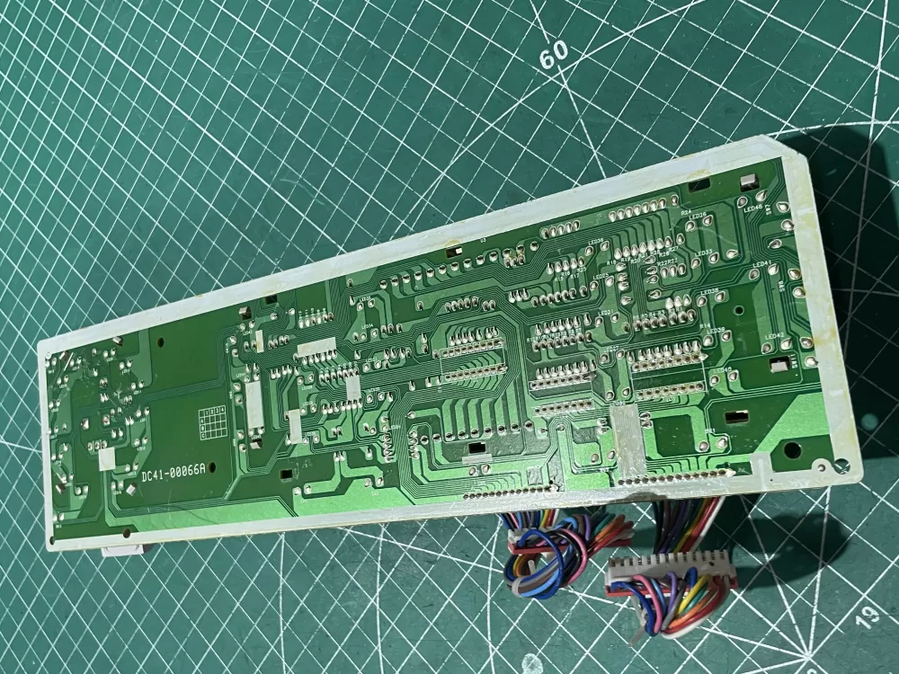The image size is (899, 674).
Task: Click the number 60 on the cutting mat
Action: click(x=554, y=54)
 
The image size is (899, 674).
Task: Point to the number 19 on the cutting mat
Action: click(x=868, y=616)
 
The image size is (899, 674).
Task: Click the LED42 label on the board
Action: click(x=773, y=336)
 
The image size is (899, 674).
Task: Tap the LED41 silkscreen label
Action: click(x=761, y=264)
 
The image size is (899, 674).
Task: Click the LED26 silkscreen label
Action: click(x=698, y=216)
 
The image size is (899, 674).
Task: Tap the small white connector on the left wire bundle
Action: click(x=521, y=540)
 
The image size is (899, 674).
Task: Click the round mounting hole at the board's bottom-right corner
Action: click(x=842, y=466)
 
